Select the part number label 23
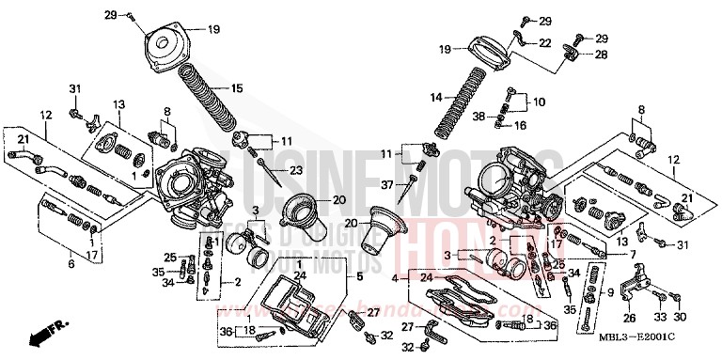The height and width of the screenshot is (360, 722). coord(296,170)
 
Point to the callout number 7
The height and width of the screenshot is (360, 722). coord(633,255)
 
